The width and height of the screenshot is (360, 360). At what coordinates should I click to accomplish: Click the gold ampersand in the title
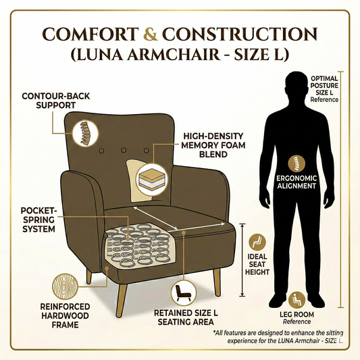pos(151,34)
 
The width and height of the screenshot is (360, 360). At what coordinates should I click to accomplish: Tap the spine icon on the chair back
pos(85,134)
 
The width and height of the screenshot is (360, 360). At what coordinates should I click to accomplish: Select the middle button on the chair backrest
pos(124,150)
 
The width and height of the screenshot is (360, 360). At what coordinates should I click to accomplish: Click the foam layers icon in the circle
pos(152,180)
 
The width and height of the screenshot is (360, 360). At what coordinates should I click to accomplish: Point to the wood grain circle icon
pos(65,286)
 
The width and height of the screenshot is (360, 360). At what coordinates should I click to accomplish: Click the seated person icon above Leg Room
pos(297,301)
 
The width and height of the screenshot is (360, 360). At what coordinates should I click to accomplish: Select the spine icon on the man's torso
pos(297,163)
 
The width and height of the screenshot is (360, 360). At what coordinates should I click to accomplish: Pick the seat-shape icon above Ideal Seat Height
pos(257,242)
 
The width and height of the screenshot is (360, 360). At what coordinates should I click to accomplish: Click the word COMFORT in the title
pos(91,34)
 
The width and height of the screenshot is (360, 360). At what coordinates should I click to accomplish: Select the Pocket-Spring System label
pos(38,220)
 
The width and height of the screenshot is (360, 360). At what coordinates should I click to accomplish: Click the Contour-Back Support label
pos(56,101)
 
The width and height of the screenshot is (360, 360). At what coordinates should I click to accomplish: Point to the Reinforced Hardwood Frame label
pos(65,315)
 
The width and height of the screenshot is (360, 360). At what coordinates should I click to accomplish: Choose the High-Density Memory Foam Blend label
pos(213,145)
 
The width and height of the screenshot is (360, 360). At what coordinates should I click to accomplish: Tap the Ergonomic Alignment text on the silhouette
pos(297,182)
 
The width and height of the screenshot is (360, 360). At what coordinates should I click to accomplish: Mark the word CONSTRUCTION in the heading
pos(240,34)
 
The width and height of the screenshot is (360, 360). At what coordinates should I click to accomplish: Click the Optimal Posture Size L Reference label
pos(324,89)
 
